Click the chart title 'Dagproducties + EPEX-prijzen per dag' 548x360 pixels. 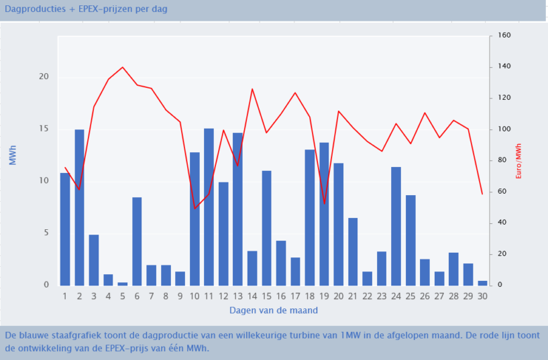point(86,9)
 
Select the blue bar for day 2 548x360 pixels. point(79,207)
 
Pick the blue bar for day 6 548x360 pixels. point(137,241)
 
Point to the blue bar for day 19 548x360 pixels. point(324,214)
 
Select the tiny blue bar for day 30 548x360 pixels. point(483,283)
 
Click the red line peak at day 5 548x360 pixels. point(122,67)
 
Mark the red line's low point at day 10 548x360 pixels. point(195,208)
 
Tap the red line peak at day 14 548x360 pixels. point(252,88)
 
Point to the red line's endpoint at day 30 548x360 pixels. point(482,194)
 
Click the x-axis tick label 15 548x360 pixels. point(266,296)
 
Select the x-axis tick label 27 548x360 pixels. point(439,296)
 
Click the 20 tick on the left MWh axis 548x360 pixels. point(44,77)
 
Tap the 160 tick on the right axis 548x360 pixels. point(504,36)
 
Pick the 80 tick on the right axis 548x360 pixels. point(502,160)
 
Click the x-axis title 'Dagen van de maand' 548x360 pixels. point(274,310)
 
